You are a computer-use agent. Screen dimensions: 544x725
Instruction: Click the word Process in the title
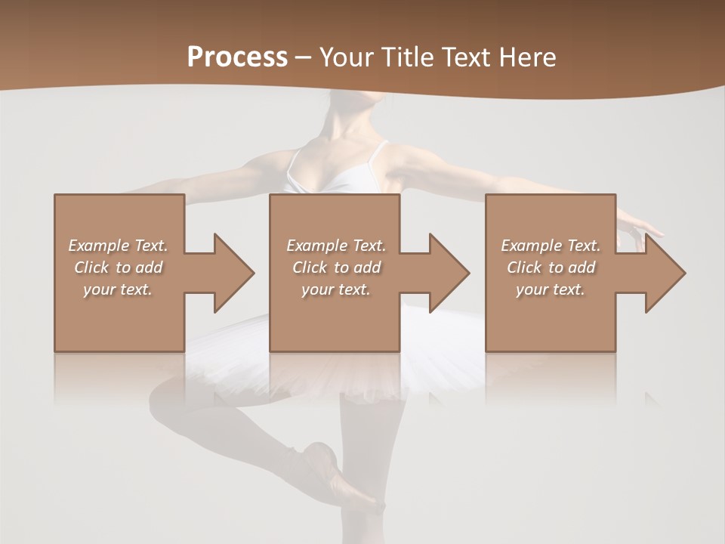(237, 57)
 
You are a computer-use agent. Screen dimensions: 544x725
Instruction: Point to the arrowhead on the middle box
(448, 273)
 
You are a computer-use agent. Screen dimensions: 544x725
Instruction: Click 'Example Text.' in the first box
(118, 246)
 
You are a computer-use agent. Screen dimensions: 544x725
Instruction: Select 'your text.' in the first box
(118, 289)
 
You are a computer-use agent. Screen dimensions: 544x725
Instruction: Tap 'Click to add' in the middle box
(336, 267)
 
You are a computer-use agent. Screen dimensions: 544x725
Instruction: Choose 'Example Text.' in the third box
(551, 246)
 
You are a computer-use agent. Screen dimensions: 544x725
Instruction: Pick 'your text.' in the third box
(551, 289)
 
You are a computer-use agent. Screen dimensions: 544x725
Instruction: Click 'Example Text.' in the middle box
(336, 246)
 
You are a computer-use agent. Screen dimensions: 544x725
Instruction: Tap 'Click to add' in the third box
(551, 267)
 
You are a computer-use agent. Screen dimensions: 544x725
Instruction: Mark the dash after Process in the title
(304, 57)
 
